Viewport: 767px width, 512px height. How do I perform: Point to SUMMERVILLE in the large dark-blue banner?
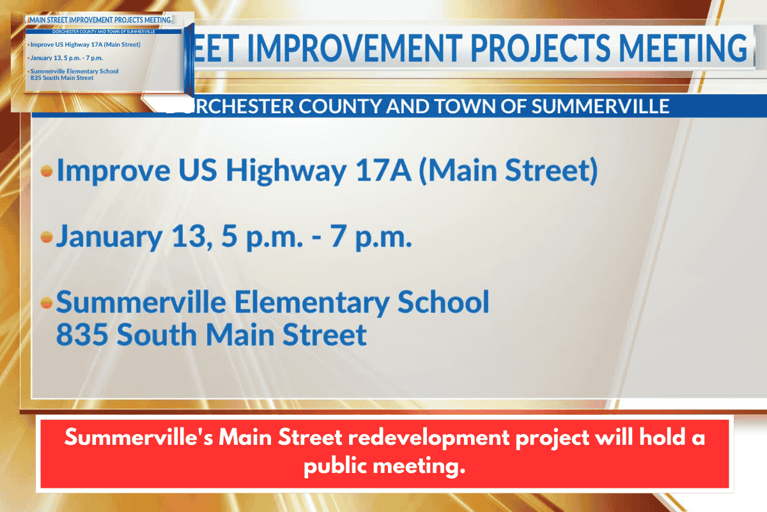pyautogui.click(x=600, y=106)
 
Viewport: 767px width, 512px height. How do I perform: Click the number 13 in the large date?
pyautogui.click(x=191, y=237)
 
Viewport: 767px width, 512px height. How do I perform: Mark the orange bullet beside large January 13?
pyautogui.click(x=46, y=237)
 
